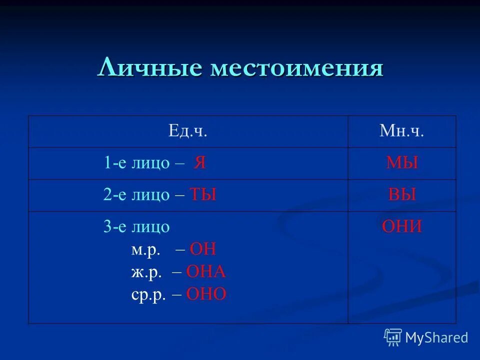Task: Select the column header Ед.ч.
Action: (187, 132)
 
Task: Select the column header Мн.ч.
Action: (402, 132)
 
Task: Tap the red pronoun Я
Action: (200, 163)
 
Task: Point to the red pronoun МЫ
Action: (402, 163)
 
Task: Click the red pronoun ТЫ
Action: (203, 195)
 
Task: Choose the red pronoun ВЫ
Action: (402, 195)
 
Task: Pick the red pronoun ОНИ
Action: (402, 227)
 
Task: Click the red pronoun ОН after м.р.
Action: (204, 249)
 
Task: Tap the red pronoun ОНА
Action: (206, 272)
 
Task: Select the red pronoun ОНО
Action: (206, 294)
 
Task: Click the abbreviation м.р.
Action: (145, 250)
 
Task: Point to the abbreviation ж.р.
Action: (146, 272)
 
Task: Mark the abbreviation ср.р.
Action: (148, 294)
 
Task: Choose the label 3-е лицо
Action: (137, 227)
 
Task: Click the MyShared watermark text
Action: (436, 337)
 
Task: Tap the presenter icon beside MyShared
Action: (393, 337)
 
